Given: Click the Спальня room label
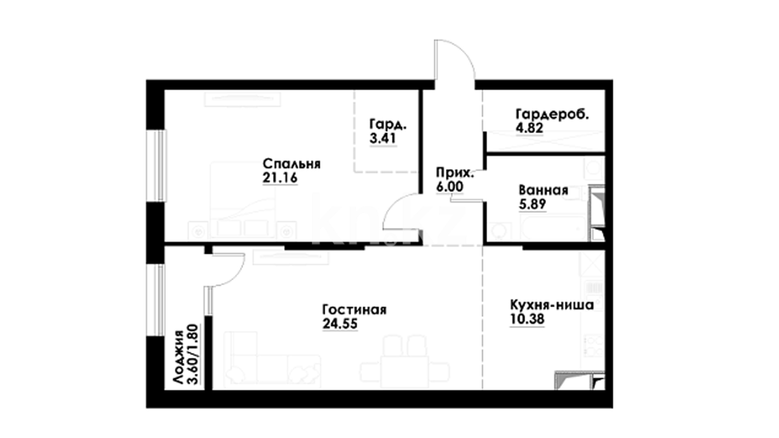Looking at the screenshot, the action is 291,164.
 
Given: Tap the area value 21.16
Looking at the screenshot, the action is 280,178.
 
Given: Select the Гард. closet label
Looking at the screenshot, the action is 388,125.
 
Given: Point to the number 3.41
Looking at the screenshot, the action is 383,138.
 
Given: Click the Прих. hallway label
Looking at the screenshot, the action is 455,173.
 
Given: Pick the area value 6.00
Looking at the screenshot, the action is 450,187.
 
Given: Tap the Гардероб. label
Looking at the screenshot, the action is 552,115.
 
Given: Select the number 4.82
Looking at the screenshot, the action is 529,128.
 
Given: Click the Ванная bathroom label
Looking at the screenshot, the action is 543,190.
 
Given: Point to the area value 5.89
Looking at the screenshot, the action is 532,204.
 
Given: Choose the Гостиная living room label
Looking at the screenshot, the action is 354,310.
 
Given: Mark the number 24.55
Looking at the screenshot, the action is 340,324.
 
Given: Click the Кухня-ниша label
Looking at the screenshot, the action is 552,305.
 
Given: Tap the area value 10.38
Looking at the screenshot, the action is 527,319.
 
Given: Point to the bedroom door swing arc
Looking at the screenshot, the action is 392,204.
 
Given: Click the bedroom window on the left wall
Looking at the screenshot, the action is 161,165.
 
